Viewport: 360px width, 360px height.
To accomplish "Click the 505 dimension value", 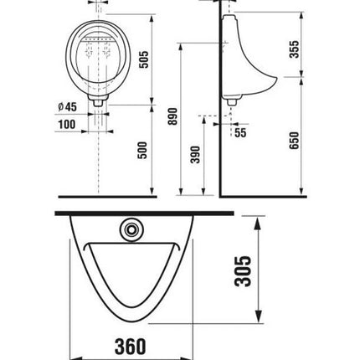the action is (144, 59).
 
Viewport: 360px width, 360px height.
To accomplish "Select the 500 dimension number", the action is (142, 150).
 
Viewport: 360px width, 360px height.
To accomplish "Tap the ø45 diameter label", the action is (67, 107).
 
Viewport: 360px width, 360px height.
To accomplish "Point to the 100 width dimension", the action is (67, 124).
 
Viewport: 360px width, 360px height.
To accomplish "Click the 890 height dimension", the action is (173, 116).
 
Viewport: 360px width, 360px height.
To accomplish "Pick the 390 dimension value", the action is (195, 155).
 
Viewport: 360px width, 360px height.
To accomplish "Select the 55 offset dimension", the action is (240, 133).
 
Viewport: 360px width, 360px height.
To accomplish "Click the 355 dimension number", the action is (294, 49).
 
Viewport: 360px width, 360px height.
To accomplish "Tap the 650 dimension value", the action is (294, 141).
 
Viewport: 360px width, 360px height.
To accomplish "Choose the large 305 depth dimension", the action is (243, 271).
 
